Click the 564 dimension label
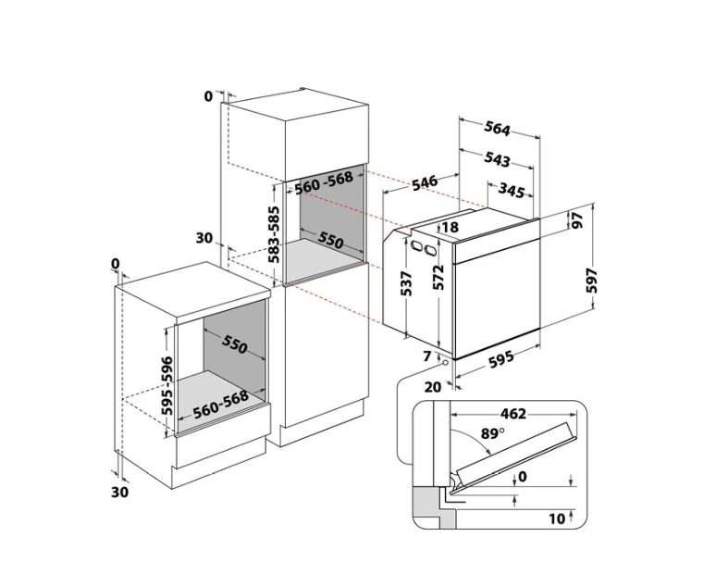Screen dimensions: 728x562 (497, 128)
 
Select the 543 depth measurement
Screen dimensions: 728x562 (497, 158)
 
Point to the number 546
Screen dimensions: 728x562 (425, 182)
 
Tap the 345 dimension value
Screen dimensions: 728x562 (512, 190)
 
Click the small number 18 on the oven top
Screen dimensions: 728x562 (450, 227)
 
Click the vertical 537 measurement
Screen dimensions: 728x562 (406, 283)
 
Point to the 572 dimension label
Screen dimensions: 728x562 (438, 277)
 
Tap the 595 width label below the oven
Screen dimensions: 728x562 (501, 359)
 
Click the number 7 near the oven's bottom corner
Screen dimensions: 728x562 (427, 356)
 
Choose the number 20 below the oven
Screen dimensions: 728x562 (432, 387)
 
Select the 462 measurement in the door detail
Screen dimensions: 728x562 (513, 414)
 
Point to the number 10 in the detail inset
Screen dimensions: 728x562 (557, 518)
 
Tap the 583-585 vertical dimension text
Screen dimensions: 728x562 (275, 235)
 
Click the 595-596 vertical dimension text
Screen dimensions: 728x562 (167, 385)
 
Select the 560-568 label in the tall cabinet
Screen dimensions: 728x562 (324, 182)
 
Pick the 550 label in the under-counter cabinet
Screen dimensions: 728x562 (234, 343)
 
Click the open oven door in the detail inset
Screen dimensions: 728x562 (516, 453)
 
